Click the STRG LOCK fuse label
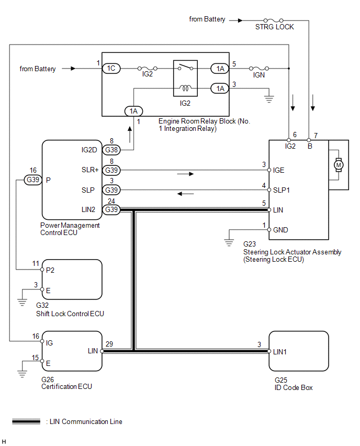(x=274, y=27)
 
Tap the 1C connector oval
(x=111, y=69)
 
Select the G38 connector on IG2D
(x=111, y=150)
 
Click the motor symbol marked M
(x=337, y=165)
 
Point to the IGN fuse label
(x=259, y=75)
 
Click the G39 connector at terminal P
(x=33, y=180)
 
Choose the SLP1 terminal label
(x=282, y=190)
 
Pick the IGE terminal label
(x=279, y=170)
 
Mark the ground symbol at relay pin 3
(x=269, y=98)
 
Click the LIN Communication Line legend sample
(x=26, y=421)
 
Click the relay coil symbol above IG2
(x=185, y=88)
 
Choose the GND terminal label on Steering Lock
(x=281, y=230)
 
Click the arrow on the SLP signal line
(x=186, y=194)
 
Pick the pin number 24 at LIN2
(x=110, y=200)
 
